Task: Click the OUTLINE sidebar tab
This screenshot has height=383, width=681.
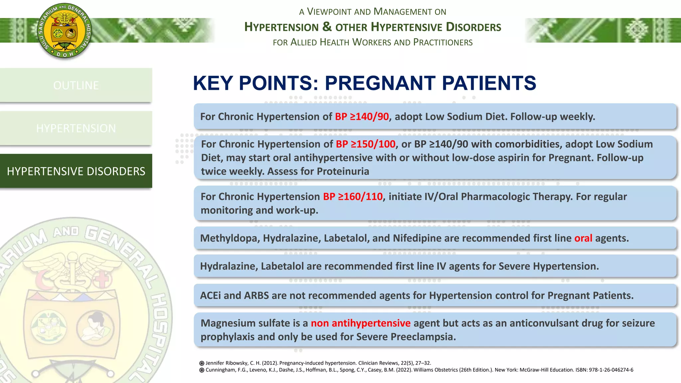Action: (x=76, y=85)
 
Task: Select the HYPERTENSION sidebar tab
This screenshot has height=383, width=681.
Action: (x=76, y=128)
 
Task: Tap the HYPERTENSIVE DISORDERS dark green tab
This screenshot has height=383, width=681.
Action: (x=76, y=171)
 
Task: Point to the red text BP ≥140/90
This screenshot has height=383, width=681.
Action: (x=362, y=117)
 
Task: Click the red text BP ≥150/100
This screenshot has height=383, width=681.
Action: (x=365, y=144)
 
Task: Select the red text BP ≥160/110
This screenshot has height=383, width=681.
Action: (x=353, y=196)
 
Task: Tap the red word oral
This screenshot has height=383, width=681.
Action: (x=583, y=238)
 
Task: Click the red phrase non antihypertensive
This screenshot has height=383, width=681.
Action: (x=360, y=323)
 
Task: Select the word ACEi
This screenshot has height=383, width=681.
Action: (x=210, y=296)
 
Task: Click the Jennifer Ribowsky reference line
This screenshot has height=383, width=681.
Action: (x=318, y=363)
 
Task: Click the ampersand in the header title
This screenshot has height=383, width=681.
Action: (x=327, y=26)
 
